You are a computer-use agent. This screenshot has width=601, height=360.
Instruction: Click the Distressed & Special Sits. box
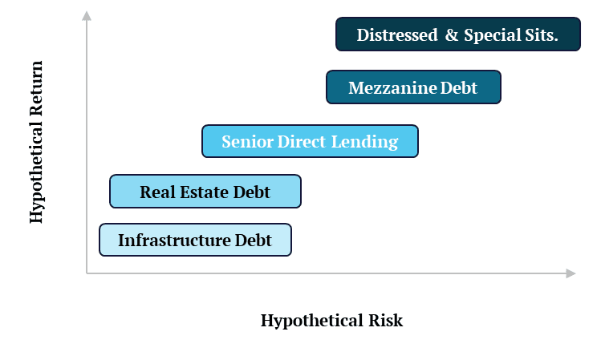pyautogui.click(x=457, y=34)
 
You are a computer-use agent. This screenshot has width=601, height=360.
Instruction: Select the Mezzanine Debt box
pyautogui.click(x=413, y=87)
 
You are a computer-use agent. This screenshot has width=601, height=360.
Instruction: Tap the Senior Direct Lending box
pyautogui.click(x=310, y=141)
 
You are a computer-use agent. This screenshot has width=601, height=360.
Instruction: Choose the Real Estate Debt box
pyautogui.click(x=205, y=192)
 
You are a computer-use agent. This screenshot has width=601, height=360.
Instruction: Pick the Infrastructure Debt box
pyautogui.click(x=195, y=240)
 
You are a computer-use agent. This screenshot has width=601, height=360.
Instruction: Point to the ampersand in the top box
pyautogui.click(x=451, y=35)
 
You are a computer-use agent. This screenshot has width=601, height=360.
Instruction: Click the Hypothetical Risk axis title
pyautogui.click(x=331, y=321)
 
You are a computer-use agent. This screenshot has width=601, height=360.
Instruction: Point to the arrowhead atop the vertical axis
pyautogui.click(x=87, y=14)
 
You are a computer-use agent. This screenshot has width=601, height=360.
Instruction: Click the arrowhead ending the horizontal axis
pyautogui.click(x=571, y=273)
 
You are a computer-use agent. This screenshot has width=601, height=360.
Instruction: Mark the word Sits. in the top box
pyautogui.click(x=540, y=35)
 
